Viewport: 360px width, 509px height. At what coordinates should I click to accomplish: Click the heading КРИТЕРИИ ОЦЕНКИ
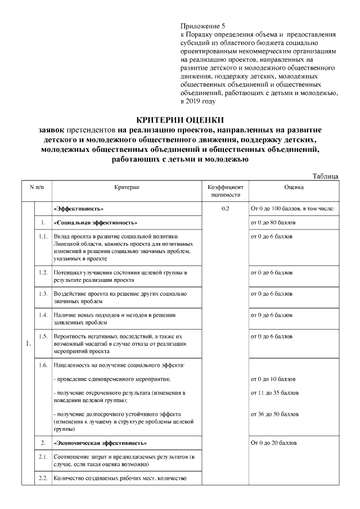tap(180, 119)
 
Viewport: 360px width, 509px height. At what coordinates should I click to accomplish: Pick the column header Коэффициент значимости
tap(225, 191)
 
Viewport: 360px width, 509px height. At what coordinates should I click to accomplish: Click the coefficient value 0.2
tap(225, 209)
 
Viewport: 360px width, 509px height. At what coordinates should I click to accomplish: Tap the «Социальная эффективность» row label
tap(95, 223)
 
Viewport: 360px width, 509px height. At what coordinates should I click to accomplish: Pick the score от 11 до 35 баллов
tap(274, 393)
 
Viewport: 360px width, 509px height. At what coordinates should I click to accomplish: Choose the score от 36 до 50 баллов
tap(274, 414)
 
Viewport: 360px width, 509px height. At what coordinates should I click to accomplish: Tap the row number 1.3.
tap(42, 294)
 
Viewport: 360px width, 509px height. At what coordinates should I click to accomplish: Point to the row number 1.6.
tap(42, 365)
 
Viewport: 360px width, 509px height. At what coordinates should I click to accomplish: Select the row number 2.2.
tap(42, 479)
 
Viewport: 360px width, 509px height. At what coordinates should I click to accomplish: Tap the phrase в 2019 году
tap(197, 102)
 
